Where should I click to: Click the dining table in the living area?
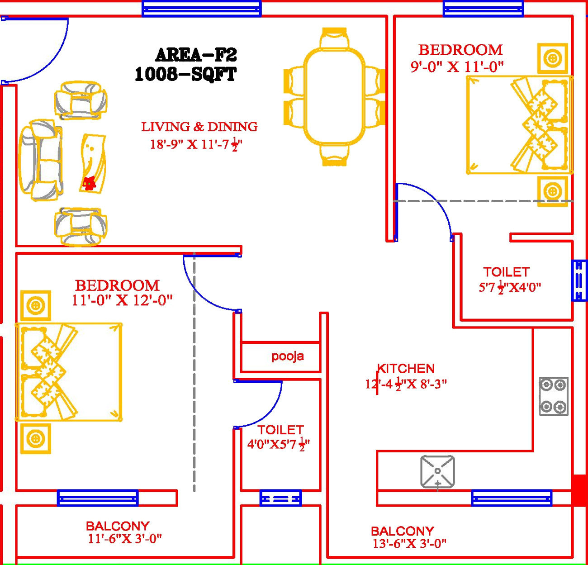335,96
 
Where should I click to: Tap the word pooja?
288,356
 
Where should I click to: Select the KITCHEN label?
406,368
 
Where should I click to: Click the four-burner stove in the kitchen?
554,396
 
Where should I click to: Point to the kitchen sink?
437,472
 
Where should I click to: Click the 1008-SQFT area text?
185,74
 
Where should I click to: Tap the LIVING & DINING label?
199,127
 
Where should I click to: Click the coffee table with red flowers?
93,163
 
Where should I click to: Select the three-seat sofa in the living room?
40,160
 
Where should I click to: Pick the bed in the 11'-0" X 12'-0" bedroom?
69,372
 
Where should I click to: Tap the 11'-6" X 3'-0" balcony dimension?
125,539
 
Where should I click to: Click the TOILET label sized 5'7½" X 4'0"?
506,272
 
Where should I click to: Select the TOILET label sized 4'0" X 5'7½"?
280,430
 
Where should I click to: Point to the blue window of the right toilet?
579,280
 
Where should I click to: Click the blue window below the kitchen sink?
512,498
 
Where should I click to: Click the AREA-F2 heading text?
196,55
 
